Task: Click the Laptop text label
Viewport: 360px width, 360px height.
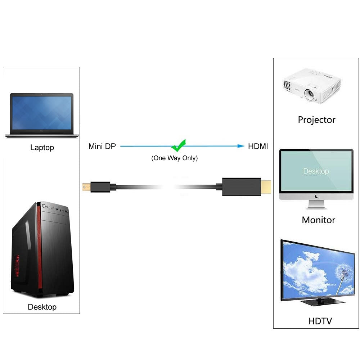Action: [42, 148]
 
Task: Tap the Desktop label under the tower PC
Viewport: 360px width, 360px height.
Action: [42, 307]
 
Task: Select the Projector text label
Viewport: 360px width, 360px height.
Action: [316, 120]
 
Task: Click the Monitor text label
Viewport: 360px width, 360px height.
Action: [318, 220]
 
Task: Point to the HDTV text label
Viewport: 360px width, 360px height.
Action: [320, 321]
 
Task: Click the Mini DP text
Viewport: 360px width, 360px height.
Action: [102, 147]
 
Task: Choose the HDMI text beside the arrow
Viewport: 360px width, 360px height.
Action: [258, 146]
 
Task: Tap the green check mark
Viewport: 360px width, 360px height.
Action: [178, 145]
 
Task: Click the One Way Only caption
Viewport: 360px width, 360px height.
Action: [174, 158]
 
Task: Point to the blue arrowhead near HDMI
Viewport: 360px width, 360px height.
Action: [240, 146]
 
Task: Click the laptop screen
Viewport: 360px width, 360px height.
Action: [41, 113]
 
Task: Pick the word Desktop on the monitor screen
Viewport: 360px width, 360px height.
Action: [316, 171]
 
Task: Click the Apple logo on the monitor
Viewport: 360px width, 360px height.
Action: [316, 197]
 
